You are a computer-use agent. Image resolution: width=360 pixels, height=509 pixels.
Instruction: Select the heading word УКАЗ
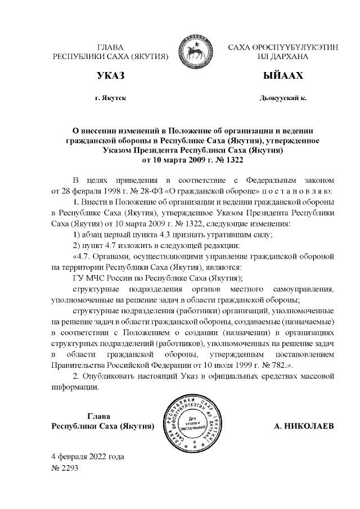[x=110, y=75]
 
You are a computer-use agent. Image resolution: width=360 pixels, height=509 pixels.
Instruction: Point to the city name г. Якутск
[x=110, y=98]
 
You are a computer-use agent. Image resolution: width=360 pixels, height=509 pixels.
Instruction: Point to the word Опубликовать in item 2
[x=115, y=377]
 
